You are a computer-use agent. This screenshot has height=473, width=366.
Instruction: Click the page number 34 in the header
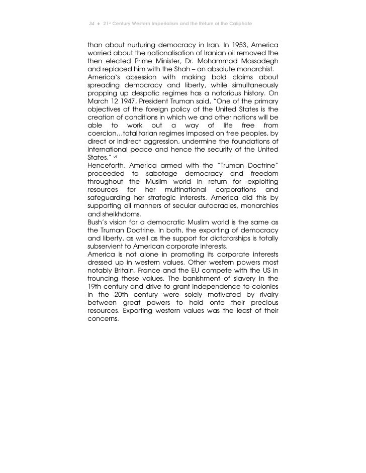pyautogui.click(x=91, y=24)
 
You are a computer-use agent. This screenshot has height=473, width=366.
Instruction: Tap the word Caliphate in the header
pyautogui.click(x=236, y=24)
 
